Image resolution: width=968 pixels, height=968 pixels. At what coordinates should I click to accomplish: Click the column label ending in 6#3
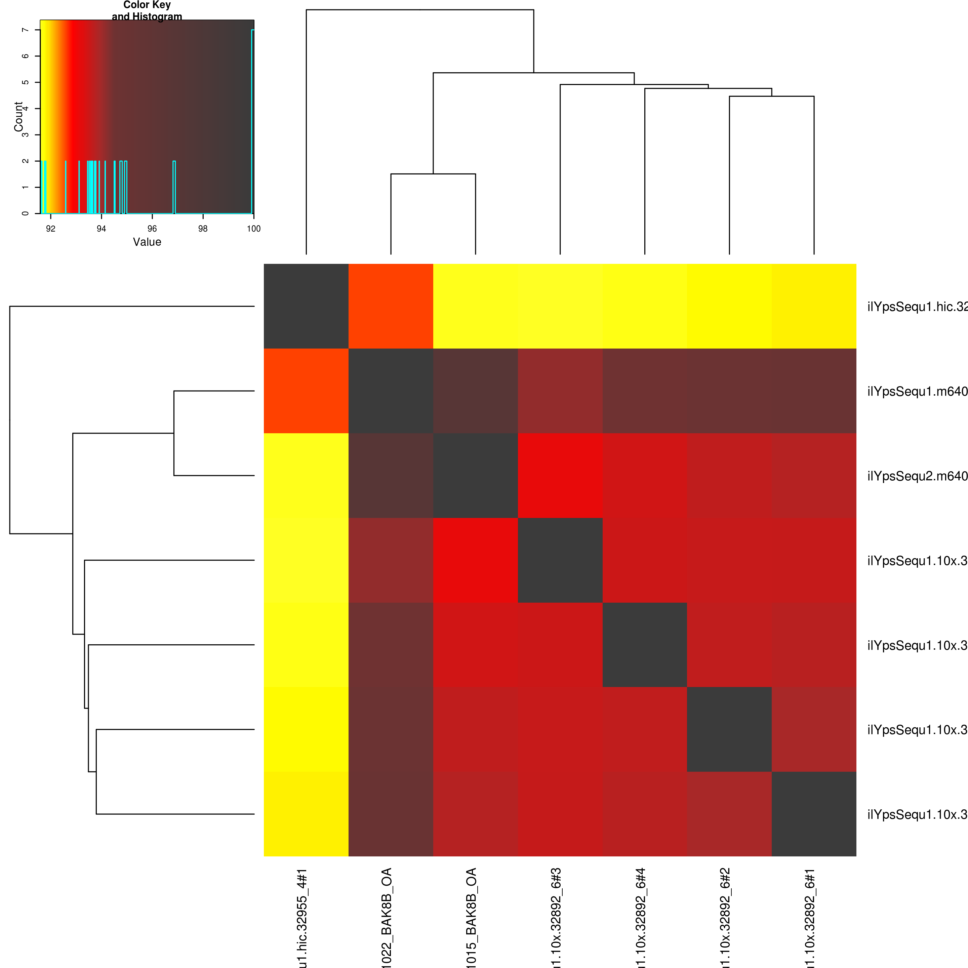coord(557,917)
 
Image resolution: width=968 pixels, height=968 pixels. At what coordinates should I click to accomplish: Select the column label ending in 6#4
coord(641,917)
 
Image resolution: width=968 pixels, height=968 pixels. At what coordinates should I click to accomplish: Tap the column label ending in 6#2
coord(726,917)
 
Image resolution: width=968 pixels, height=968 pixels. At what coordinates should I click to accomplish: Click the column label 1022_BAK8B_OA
coord(387,917)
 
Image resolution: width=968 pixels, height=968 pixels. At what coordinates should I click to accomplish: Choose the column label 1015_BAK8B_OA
coord(472,917)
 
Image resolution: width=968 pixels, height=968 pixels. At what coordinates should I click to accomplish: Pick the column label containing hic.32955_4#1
coord(302,917)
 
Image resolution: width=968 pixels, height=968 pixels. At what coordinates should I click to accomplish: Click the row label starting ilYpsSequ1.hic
coord(917,307)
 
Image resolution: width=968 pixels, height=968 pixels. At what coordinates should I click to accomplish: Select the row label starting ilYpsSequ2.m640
coord(917,476)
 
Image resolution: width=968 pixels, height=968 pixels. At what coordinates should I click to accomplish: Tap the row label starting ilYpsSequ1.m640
coord(917,391)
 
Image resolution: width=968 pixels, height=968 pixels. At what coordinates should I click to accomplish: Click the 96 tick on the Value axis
coord(152,229)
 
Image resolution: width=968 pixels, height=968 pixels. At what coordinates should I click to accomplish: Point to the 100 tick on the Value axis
coord(253,229)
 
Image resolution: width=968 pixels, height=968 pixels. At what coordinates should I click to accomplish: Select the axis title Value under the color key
coord(147,242)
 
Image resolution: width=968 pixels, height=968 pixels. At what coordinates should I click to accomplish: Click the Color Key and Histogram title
coord(147,10)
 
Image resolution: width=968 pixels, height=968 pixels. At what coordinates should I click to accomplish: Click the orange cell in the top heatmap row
coord(391,306)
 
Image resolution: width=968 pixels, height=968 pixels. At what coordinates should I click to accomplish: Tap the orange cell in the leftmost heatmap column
coord(306,391)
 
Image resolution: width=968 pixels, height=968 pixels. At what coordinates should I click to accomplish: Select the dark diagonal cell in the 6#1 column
coord(814,814)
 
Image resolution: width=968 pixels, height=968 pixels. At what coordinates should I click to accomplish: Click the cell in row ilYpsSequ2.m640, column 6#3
coord(560,476)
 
